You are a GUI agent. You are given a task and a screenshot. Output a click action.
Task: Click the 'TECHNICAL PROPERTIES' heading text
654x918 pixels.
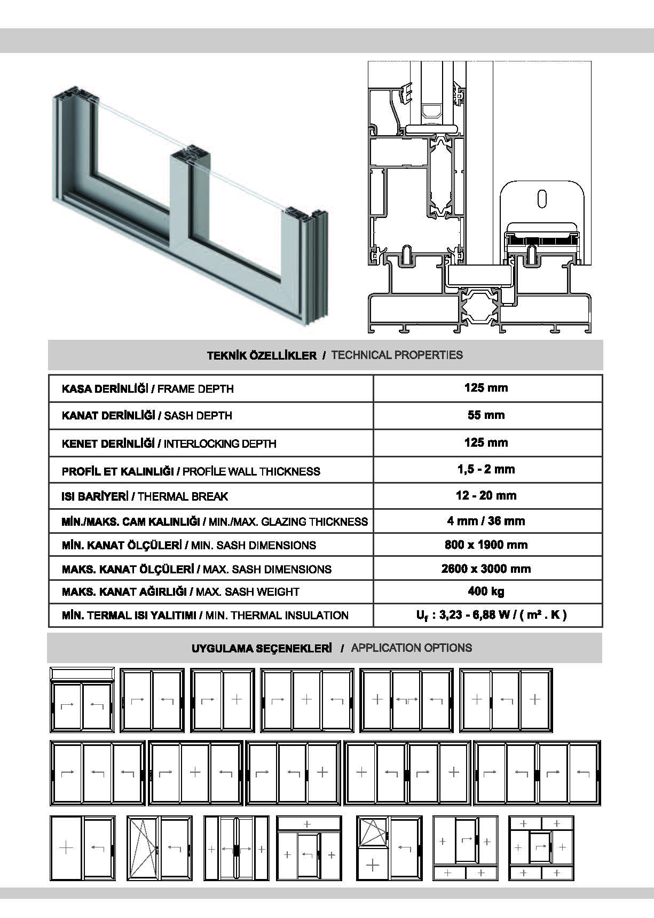pyautogui.click(x=397, y=355)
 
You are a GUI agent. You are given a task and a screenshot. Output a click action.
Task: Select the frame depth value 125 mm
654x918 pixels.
pyautogui.click(x=486, y=388)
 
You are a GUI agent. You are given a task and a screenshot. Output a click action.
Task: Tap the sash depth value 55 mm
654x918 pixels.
pyautogui.click(x=486, y=415)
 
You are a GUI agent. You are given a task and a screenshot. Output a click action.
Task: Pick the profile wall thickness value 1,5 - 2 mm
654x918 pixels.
pyautogui.click(x=486, y=470)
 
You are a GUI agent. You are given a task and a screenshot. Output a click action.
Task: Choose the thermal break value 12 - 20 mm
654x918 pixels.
pyautogui.click(x=486, y=495)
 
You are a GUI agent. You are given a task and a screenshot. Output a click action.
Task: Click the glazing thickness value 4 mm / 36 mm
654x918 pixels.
pyautogui.click(x=486, y=521)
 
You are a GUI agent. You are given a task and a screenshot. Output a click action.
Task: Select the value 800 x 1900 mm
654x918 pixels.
pyautogui.click(x=486, y=545)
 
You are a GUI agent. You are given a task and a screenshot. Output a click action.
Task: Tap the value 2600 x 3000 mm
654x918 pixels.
pyautogui.click(x=486, y=569)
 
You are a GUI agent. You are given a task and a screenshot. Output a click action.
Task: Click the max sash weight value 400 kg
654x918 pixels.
pyautogui.click(x=486, y=591)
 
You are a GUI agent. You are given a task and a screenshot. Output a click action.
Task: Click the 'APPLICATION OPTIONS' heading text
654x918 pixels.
pyautogui.click(x=411, y=648)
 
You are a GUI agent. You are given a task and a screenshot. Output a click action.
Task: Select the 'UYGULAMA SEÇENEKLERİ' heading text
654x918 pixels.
pyautogui.click(x=262, y=648)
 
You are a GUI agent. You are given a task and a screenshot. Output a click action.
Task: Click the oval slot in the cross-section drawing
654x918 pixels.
pyautogui.click(x=542, y=198)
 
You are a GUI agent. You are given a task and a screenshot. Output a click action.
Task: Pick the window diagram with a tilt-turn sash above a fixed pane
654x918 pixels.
pyautogui.click(x=389, y=847)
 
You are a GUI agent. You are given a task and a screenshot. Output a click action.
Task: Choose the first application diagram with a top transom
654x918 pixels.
pyautogui.click(x=82, y=699)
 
